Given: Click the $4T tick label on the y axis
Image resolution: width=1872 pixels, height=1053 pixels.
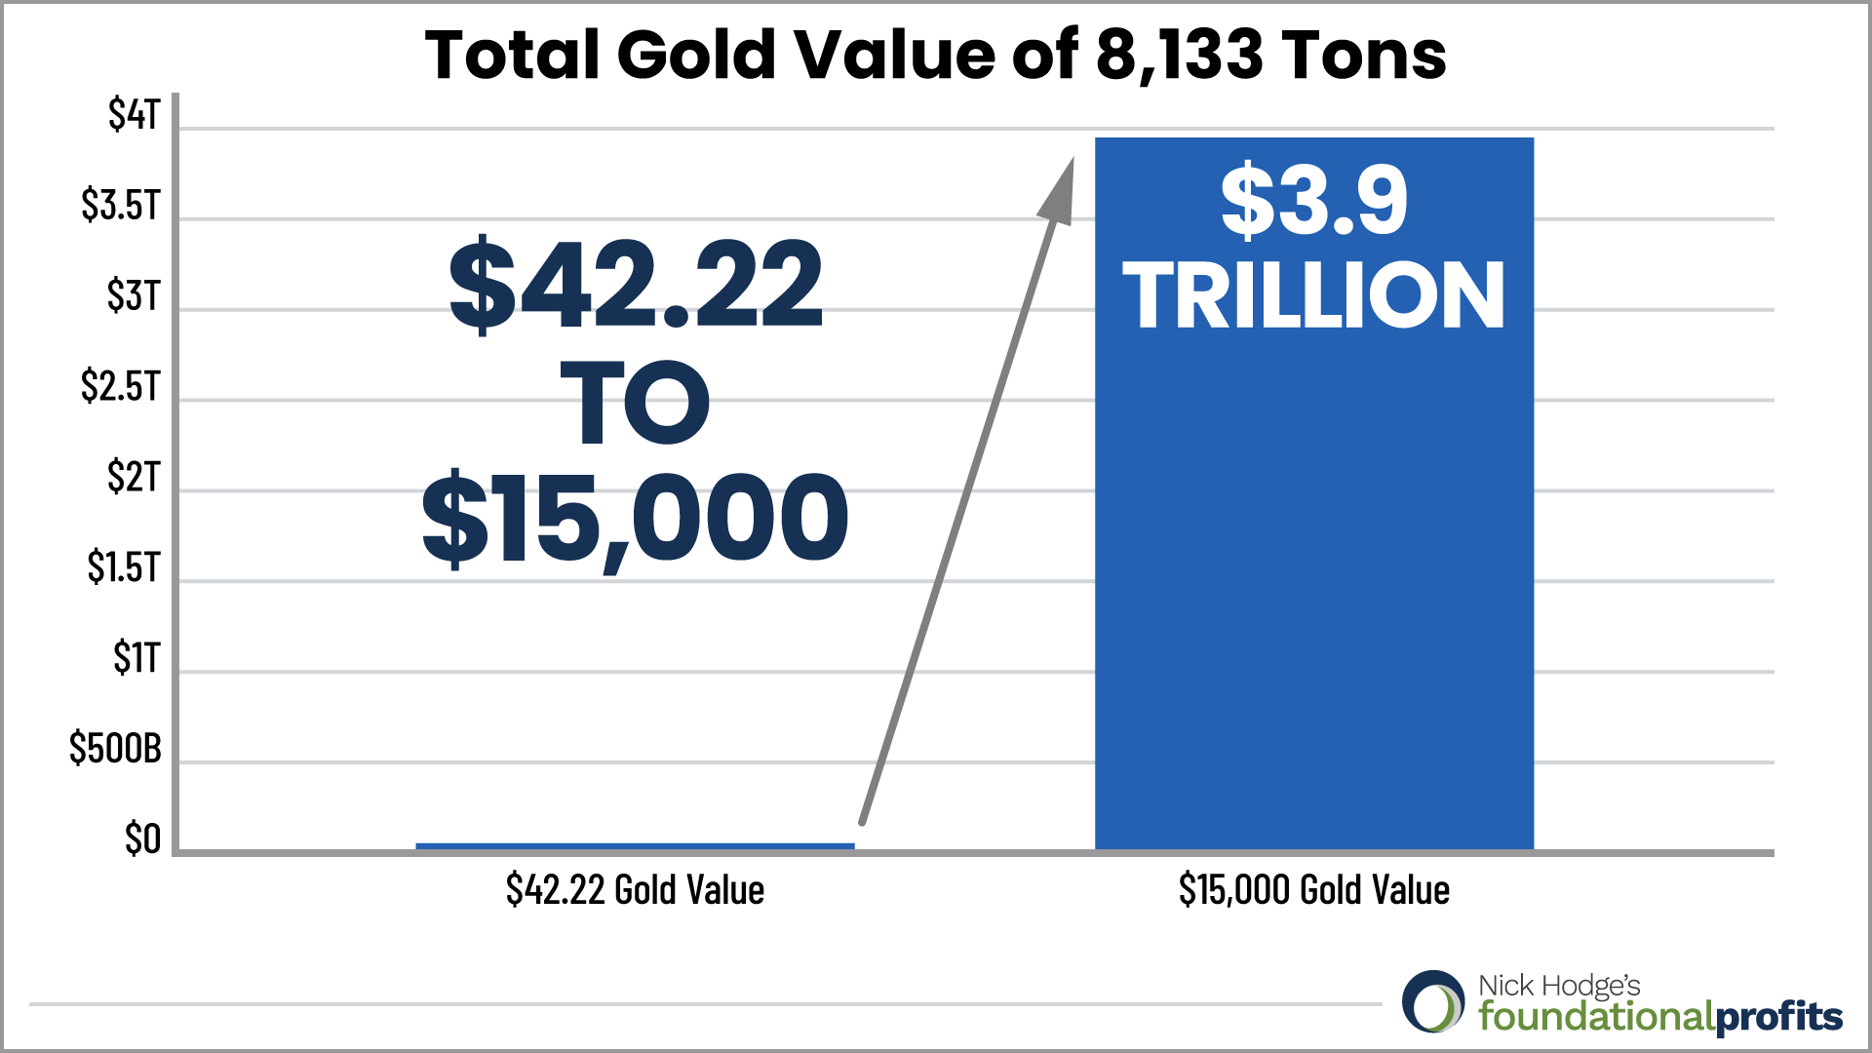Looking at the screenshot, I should [134, 115].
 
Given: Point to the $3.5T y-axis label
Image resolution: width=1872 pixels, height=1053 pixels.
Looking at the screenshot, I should [120, 206].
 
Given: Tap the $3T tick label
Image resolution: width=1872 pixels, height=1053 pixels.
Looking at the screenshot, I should [133, 296].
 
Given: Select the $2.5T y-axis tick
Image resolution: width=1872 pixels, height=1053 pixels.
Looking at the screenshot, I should [120, 387].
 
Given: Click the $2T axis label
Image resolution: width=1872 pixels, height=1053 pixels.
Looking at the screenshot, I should [133, 478].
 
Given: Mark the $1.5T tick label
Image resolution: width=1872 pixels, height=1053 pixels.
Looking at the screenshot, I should [123, 567].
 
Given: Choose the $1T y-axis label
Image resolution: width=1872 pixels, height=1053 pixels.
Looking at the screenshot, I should [136, 658].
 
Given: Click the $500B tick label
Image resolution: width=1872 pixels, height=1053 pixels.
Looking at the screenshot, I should [115, 749].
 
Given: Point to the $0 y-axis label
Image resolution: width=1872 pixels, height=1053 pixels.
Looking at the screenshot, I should [142, 839].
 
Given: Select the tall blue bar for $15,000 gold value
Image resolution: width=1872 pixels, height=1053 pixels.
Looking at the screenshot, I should [1313, 585].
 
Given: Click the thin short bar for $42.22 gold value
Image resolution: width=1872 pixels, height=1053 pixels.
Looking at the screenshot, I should [635, 846].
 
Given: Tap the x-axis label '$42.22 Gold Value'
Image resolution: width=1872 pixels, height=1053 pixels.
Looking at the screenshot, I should [635, 890].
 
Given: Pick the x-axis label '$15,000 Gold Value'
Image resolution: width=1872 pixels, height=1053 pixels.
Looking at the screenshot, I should [1313, 890].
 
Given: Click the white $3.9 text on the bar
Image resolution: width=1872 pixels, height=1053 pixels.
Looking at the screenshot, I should [1313, 201].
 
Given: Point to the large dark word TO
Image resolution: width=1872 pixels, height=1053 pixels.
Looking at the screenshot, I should [635, 402].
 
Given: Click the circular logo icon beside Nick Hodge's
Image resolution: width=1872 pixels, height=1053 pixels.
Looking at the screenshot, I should [1433, 1001].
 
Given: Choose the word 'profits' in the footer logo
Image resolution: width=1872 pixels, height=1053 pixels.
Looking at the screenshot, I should [1778, 1017].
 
